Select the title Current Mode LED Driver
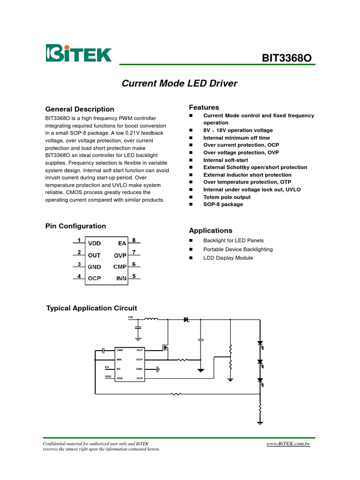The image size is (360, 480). pos(180,84)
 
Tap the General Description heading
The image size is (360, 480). pos(80,109)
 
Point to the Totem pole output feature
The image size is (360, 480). pos(227,197)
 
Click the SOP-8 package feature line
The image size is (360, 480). pos(223,205)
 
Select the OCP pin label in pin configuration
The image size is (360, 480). pos(94,278)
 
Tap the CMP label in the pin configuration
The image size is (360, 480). pos(120,267)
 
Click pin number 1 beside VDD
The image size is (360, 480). pos(79,240)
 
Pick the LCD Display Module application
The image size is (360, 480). pos(228,258)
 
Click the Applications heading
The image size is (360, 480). pos(210,231)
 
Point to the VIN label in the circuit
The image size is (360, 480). pos(131,317)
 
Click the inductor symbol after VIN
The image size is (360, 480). pos(151,320)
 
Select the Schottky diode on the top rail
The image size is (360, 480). pos(186,320)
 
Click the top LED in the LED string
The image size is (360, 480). pos(260,343)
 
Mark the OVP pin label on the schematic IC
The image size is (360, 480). pos(140,378)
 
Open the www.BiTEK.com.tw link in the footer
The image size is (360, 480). pos(288,443)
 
